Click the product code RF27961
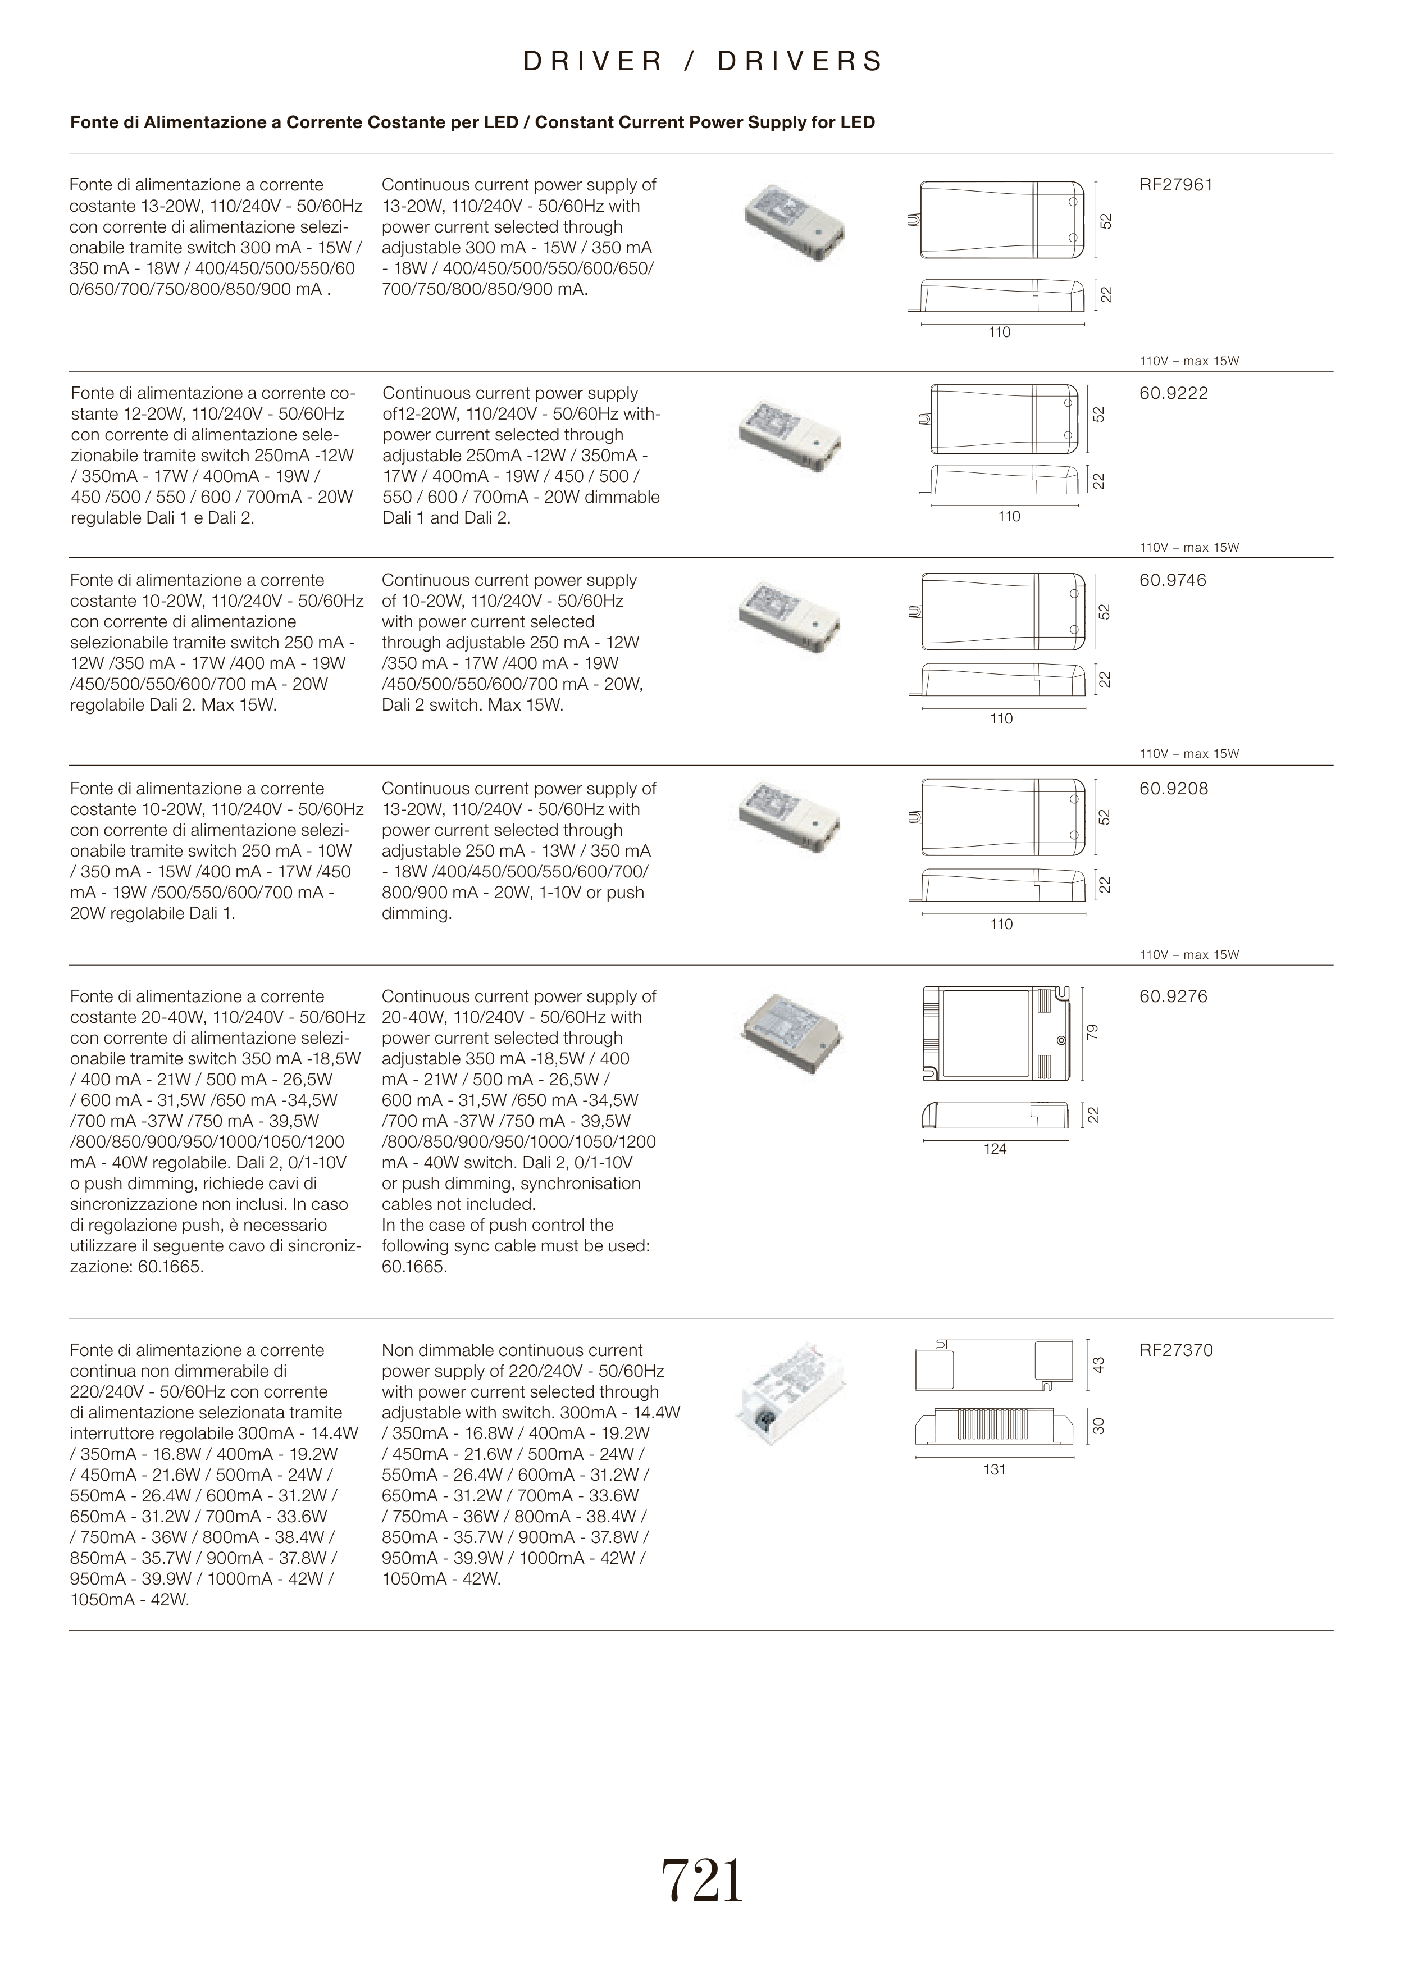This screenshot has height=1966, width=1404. pos(1176,185)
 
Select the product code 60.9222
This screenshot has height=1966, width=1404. pos(1173,393)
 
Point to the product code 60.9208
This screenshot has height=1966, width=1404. pos(1173,789)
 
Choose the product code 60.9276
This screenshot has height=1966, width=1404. pos(1173,997)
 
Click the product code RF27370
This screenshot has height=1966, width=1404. pos(1176,1350)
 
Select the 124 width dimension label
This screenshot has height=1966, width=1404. pos(995,1149)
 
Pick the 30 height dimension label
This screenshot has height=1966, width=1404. pos(1098,1426)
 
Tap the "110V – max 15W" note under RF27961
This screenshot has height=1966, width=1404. pos(1189,361)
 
